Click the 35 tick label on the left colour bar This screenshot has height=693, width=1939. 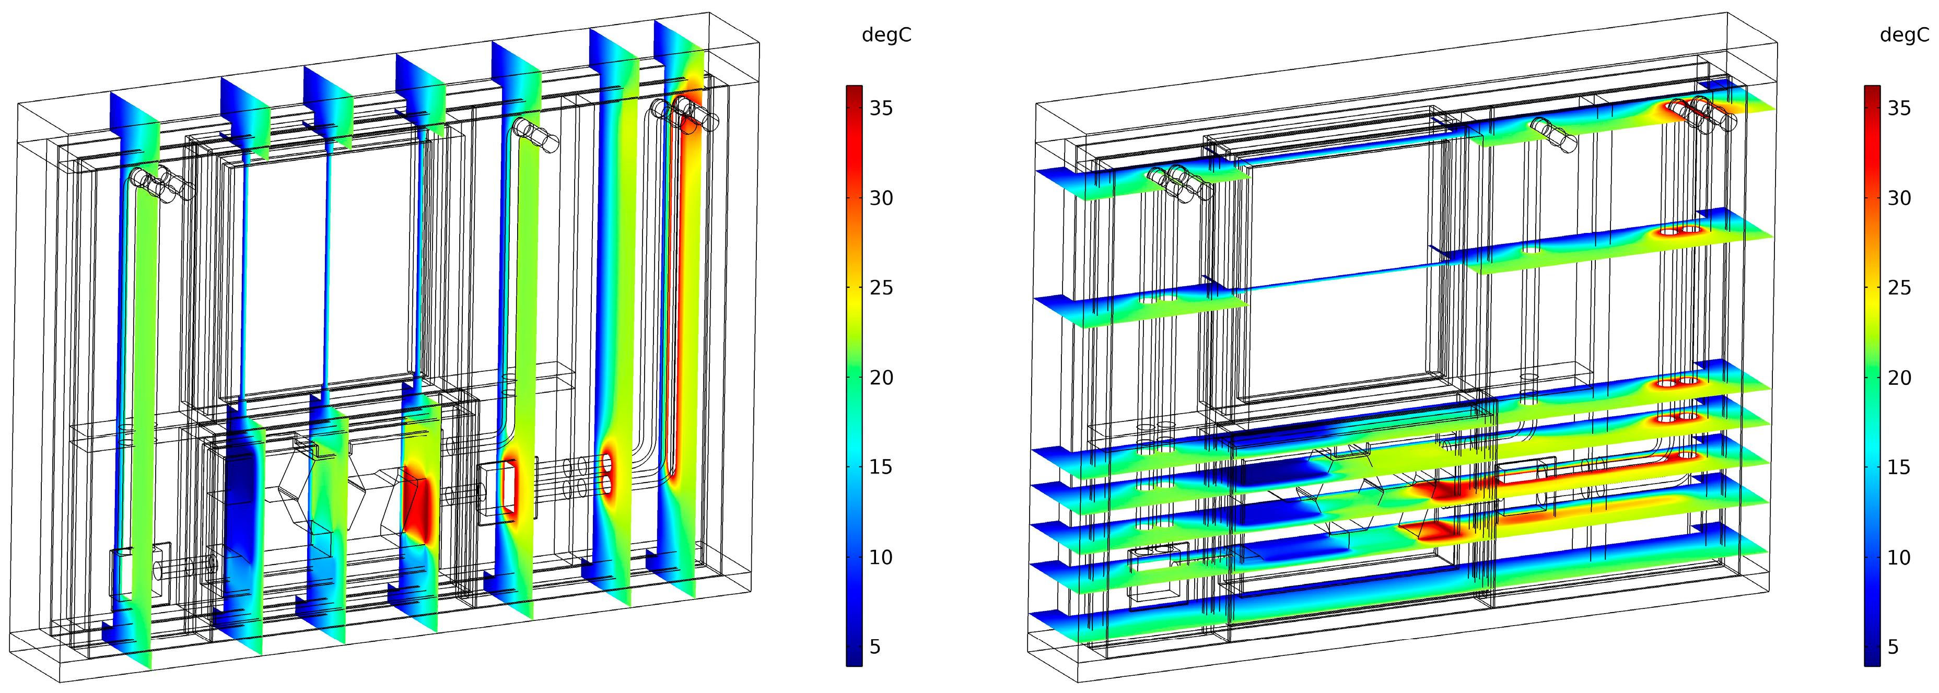pos(881,108)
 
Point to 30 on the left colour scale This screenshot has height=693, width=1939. pos(881,198)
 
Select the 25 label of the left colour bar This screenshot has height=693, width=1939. pos(881,287)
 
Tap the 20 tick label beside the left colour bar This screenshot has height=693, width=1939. pos(881,378)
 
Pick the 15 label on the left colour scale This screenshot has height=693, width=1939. pos(881,467)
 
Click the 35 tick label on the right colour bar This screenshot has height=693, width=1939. pos(1900,108)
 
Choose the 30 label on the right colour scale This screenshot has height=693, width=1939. pos(1900,198)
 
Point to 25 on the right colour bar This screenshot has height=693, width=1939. pos(1900,287)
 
